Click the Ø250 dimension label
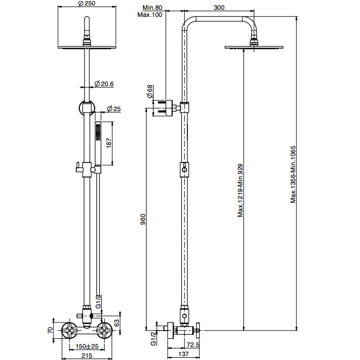tap(87, 3)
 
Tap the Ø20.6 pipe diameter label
tap(104, 84)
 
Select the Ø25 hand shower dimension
tap(114, 108)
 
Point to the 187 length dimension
tap(109, 143)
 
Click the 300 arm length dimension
tap(219, 8)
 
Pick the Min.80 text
tap(152, 8)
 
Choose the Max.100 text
tap(150, 15)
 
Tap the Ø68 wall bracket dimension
tap(150, 91)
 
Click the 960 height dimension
tap(143, 219)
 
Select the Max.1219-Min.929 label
tap(240, 190)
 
